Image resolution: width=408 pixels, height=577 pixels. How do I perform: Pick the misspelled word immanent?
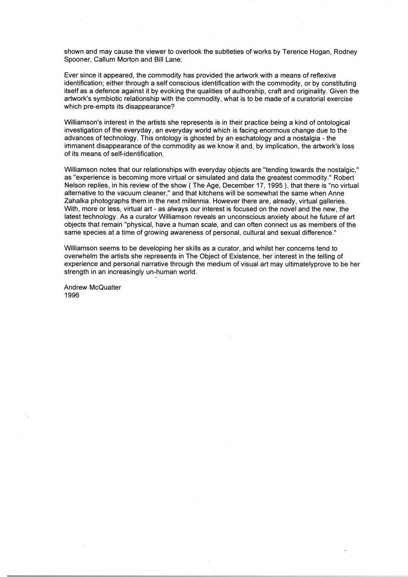79,146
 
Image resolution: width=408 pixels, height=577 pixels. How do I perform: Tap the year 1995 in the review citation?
274,185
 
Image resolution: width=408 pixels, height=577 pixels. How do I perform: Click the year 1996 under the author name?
72,295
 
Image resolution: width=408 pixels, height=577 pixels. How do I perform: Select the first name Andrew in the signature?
75,287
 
